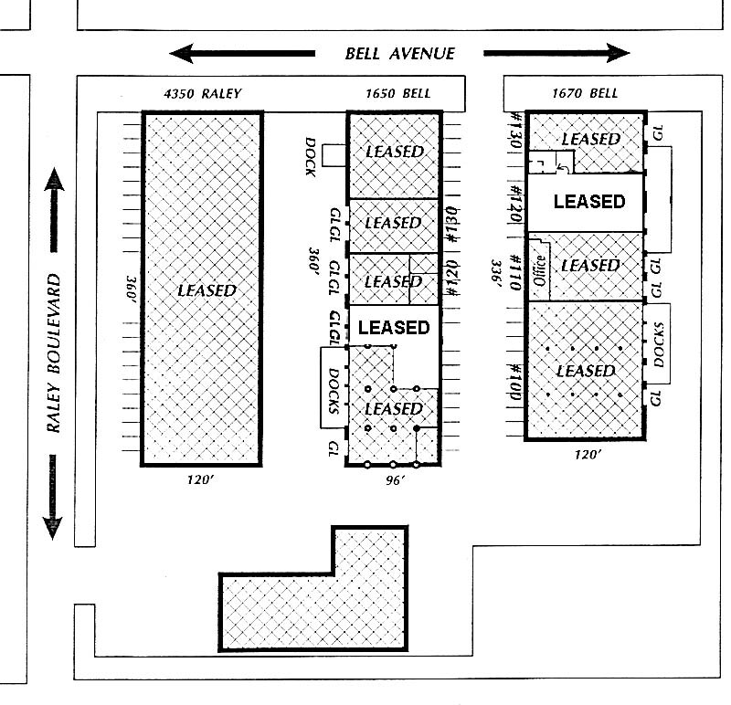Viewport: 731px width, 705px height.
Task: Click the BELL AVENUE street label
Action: pos(399,53)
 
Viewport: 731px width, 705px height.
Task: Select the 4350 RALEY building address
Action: pos(202,93)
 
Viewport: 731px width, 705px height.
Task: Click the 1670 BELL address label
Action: pos(585,93)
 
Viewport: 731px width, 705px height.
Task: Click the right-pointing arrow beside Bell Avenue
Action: pos(557,53)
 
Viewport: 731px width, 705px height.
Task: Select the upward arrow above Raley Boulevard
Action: pos(53,208)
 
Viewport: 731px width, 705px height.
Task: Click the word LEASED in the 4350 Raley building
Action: pos(206,290)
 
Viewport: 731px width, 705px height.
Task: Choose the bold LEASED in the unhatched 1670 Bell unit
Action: pos(589,201)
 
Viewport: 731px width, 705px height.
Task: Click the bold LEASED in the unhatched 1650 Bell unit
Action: pos(393,326)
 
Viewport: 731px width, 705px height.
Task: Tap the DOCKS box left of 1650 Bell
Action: pos(332,387)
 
